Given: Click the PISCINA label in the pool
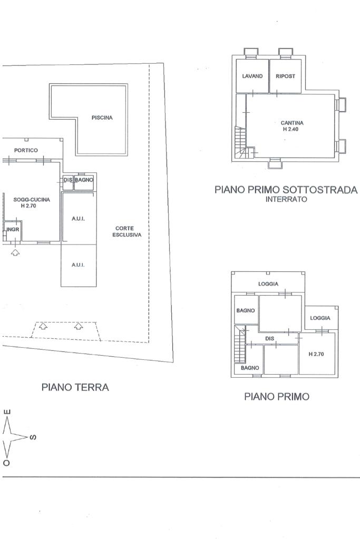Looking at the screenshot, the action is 102,117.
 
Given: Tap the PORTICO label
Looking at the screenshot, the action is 26,150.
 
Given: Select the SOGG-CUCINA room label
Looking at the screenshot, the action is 32,199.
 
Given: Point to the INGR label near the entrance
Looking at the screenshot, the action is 13,229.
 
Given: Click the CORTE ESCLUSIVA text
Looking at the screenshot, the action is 127,231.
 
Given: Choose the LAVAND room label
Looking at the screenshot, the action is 252,76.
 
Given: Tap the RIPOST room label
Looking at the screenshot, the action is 285,76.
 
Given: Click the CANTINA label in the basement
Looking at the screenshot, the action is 292,123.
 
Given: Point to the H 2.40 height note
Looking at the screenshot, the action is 290,129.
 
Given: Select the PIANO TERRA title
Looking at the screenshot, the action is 75,387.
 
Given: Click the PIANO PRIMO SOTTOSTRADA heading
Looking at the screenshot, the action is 286,190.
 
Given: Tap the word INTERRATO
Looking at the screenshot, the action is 286,199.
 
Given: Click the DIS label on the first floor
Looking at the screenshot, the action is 270,339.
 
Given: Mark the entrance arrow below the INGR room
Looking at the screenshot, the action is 15,253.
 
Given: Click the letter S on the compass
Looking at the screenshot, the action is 33,438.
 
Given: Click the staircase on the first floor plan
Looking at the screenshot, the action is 240,345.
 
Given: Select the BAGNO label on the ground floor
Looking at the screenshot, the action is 84,180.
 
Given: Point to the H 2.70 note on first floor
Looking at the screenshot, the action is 316,354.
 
